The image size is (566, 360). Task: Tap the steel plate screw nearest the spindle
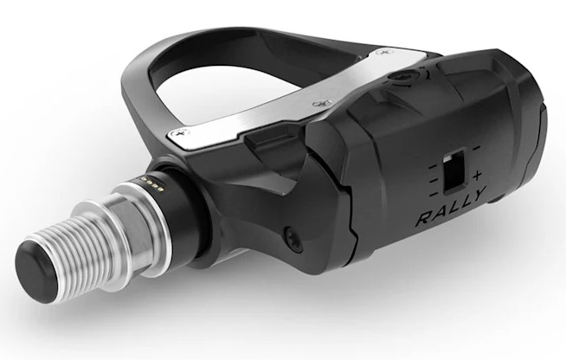tap(181, 132)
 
